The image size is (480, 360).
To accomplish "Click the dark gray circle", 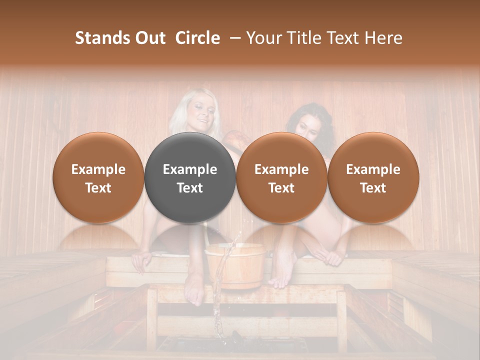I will tap(190, 177).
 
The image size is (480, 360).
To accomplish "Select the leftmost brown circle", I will tap(98, 177).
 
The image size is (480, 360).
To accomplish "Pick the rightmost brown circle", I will tap(373, 177).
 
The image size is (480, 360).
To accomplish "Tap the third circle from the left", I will tap(281, 177).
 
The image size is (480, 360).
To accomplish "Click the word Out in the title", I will tap(148, 38).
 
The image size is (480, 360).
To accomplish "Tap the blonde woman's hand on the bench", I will tap(141, 260).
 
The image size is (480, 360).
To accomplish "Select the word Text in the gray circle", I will tap(190, 188).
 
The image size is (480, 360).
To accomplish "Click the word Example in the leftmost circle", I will tap(98, 169).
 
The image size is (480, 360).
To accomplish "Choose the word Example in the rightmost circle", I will tap(373, 169).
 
